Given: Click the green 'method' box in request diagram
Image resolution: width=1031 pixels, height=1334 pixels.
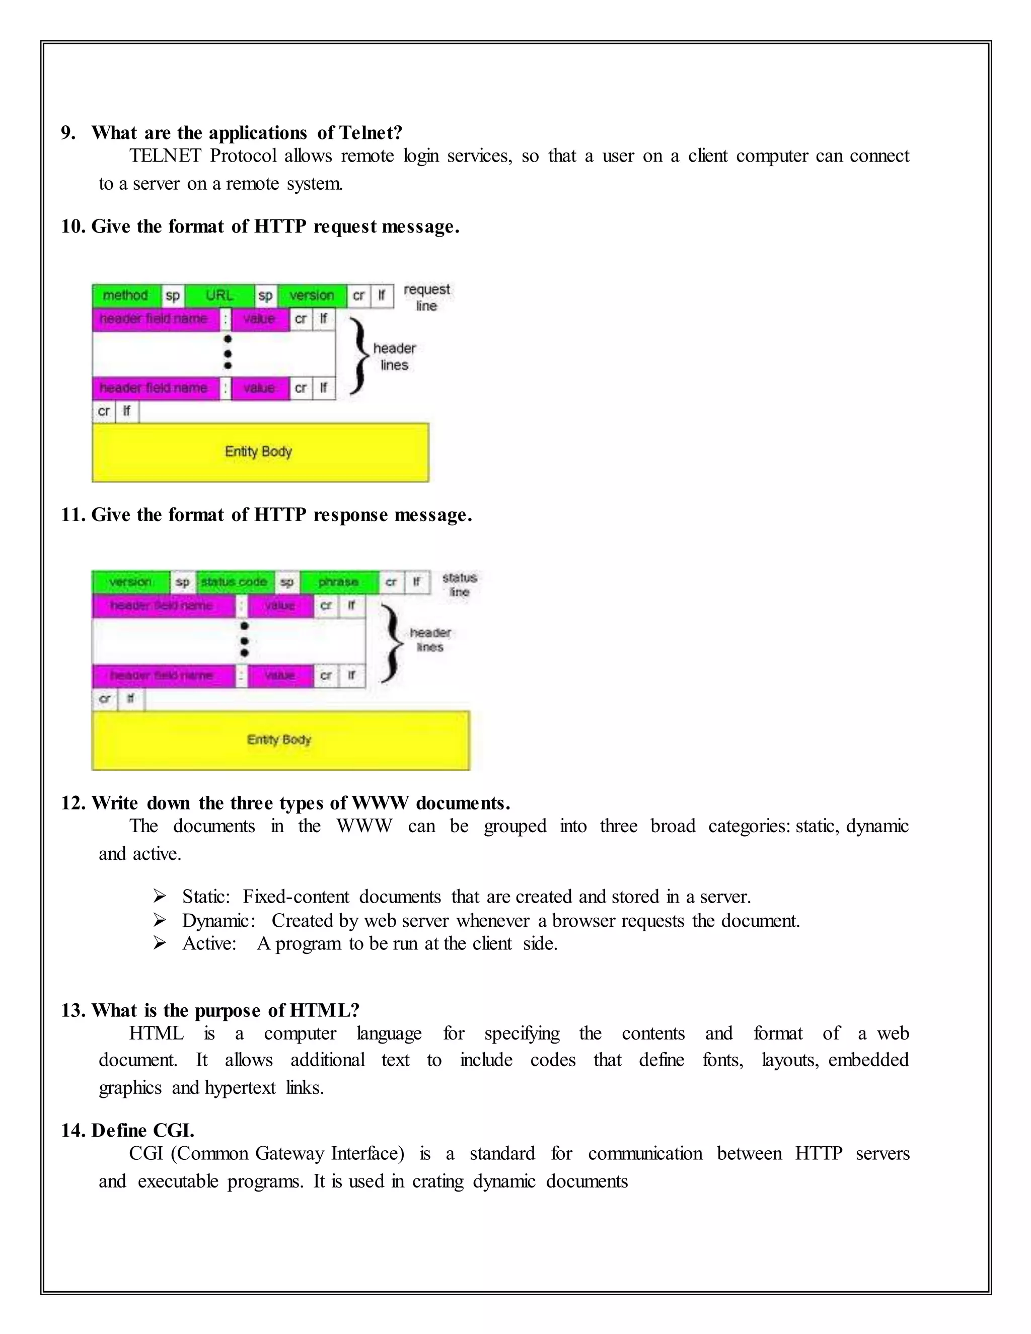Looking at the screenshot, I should pos(126,295).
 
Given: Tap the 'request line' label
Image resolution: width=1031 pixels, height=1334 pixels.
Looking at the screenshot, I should pos(426,297).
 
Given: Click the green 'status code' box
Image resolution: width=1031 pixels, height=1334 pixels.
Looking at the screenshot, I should pos(234,581).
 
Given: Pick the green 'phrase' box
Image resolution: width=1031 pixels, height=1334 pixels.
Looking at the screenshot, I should pos(338,581).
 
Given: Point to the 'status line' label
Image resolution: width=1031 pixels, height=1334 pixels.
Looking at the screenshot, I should pos(459,584).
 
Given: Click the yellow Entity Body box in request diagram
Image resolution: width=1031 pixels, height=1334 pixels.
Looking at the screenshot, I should pos(260,452).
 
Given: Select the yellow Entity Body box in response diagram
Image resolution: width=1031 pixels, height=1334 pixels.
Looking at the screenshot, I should pos(280,739).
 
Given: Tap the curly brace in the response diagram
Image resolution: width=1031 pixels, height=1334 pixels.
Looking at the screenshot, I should pos(391,642).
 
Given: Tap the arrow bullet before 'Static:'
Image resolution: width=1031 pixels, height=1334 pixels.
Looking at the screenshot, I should pos(160,896).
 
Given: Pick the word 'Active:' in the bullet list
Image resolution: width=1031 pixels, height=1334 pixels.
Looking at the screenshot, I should pos(209,944).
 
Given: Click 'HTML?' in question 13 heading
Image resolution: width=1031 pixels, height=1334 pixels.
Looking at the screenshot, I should pos(324,1010).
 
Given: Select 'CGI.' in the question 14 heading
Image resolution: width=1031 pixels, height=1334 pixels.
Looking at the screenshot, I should pos(174,1130).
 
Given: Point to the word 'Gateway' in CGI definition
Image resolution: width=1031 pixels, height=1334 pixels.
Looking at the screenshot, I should pos(291,1153).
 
